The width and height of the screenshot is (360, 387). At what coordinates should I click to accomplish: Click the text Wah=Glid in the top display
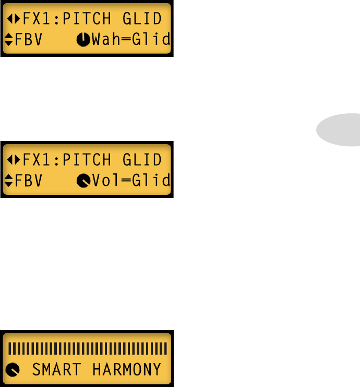pyautogui.click(x=130, y=40)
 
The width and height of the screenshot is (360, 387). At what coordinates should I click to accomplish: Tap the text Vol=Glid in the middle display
pyautogui.click(x=130, y=181)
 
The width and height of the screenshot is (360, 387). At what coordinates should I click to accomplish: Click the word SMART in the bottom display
pyautogui.click(x=56, y=370)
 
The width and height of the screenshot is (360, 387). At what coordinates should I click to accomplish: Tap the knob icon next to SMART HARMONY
pyautogui.click(x=13, y=371)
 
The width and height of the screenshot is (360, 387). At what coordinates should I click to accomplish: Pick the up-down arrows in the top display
pyautogui.click(x=9, y=40)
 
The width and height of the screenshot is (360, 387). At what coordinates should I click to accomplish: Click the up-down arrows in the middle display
pyautogui.click(x=9, y=181)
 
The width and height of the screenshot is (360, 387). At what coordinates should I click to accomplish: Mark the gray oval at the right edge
pyautogui.click(x=339, y=130)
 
